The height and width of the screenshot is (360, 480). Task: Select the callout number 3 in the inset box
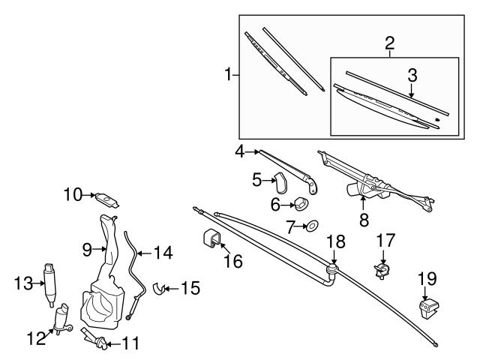click(x=412, y=76)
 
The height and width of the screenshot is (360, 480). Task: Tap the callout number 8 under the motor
click(x=363, y=220)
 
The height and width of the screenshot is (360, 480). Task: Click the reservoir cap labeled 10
click(x=109, y=199)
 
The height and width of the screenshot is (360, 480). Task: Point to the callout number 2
click(x=390, y=43)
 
